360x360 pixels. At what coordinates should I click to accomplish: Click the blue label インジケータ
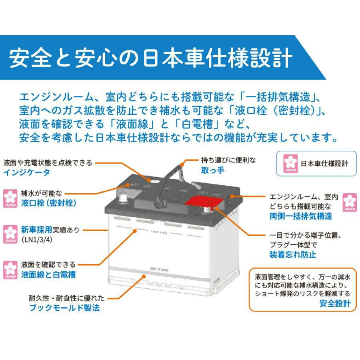[x=27, y=172]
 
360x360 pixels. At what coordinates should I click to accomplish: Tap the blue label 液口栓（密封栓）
[x=48, y=203]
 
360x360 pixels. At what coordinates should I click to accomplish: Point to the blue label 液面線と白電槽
[x=48, y=275]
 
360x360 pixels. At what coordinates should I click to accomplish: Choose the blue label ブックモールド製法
[x=64, y=308]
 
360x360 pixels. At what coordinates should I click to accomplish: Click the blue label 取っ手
[x=212, y=170]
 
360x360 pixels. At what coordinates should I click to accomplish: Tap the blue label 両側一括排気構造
[x=300, y=216]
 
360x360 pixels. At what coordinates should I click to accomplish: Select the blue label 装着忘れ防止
[x=292, y=254]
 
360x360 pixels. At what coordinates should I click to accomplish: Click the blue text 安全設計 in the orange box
[x=335, y=304]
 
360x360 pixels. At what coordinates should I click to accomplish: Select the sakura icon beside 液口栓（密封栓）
[x=9, y=198]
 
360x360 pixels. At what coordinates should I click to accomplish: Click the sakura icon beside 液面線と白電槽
[x=9, y=270]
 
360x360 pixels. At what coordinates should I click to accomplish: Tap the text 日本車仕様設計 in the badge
[x=324, y=164]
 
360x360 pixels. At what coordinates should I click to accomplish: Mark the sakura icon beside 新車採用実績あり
[x=9, y=234]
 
